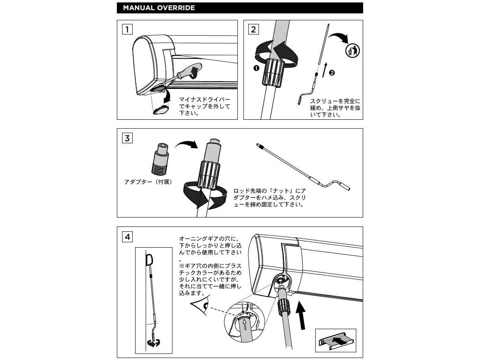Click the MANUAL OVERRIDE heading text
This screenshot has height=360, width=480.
pyautogui.click(x=159, y=8)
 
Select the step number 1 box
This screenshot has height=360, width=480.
pyautogui.click(x=127, y=29)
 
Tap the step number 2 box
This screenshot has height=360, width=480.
pyautogui.click(x=254, y=29)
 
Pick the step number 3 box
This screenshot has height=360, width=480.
pyautogui.click(x=127, y=138)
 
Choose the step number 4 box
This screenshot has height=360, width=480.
pyautogui.click(x=127, y=237)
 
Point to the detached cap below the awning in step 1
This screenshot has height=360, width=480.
pyautogui.click(x=161, y=109)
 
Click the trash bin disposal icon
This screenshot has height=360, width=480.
pyautogui.click(x=353, y=50)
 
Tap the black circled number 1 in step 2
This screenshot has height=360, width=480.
pyautogui.click(x=256, y=68)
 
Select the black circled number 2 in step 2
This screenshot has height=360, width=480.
pyautogui.click(x=331, y=73)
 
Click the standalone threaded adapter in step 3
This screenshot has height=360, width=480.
pyautogui.click(x=160, y=159)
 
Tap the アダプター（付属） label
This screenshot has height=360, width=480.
pyautogui.click(x=148, y=182)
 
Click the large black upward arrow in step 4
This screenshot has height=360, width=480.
pyautogui.click(x=302, y=316)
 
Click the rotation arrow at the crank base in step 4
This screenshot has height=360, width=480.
pyautogui.click(x=153, y=343)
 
